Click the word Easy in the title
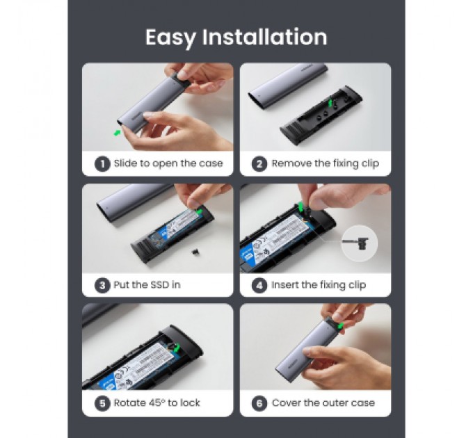coord(170,38)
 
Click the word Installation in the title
coord(264,37)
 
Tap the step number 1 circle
coord(102,164)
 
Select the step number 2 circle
coord(259,164)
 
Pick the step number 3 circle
coord(102,286)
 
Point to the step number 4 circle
coord(259,286)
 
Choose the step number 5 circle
coord(102,403)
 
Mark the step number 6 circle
coord(259,403)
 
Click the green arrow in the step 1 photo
coord(117,133)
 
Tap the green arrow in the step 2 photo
coord(330,102)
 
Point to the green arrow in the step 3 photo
coord(199,211)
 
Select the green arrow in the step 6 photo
coord(340,326)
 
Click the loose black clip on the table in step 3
coord(196,252)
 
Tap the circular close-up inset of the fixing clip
coord(360,243)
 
